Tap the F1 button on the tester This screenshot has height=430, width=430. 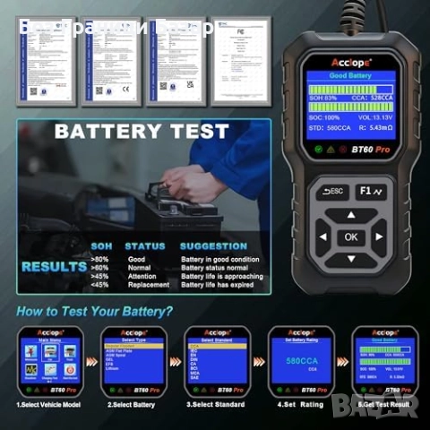coord(369,190)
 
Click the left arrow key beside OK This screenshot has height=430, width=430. coord(322,237)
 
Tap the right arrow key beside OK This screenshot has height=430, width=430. coord(380,237)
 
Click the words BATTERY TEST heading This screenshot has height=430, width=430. coord(142,132)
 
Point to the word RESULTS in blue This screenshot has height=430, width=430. coord(54,266)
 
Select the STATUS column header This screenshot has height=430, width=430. coord(145,245)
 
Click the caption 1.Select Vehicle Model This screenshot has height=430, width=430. coord(50,405)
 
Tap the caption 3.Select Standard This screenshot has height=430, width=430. coord(215,405)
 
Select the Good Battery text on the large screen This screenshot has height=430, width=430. coord(351,78)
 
